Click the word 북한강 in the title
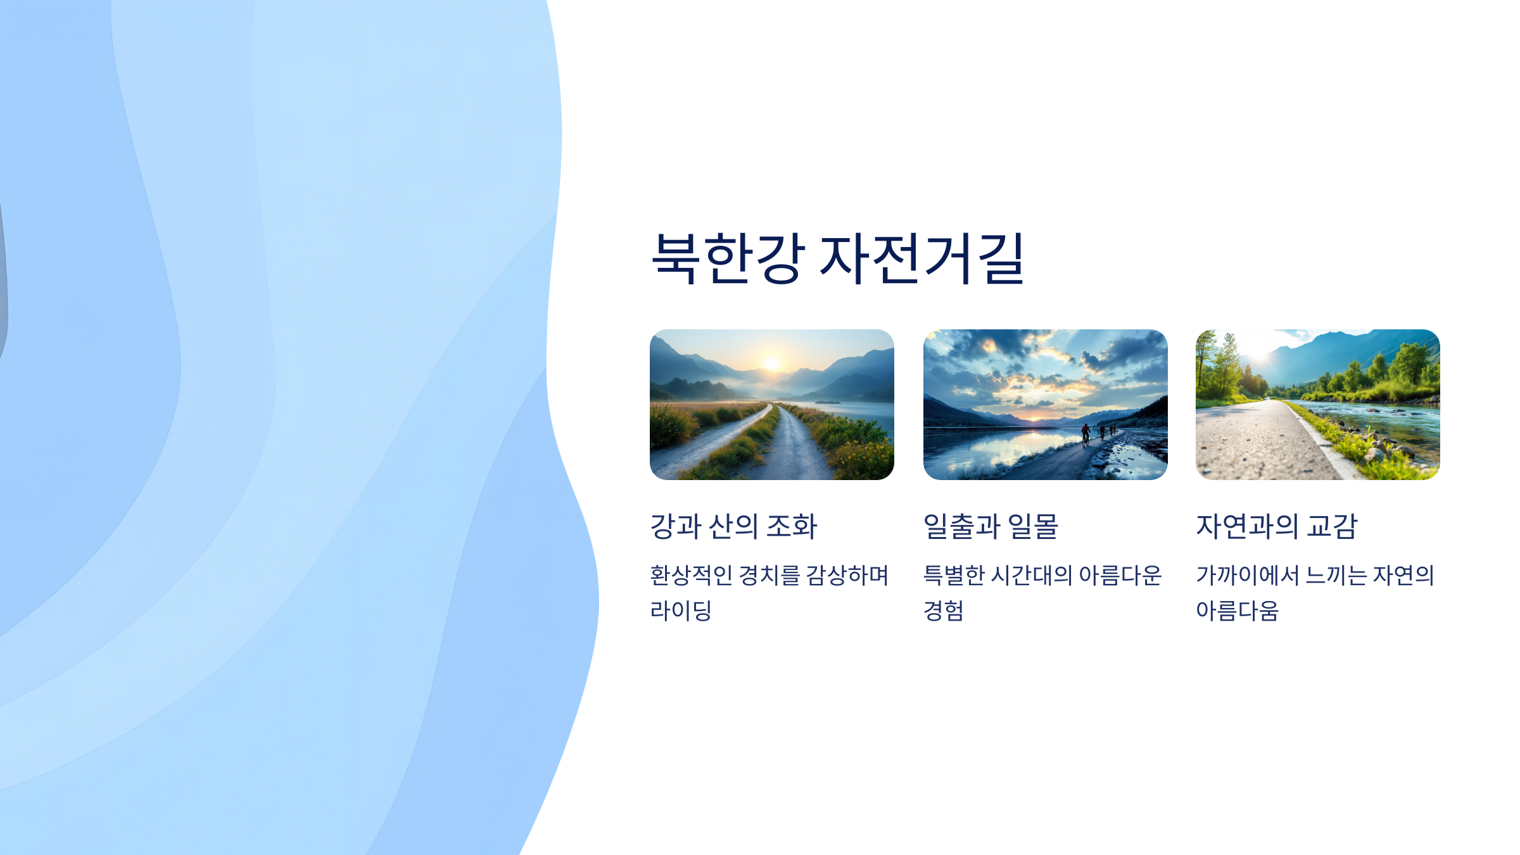pyautogui.click(x=728, y=258)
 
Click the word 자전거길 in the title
pyautogui.click(x=922, y=258)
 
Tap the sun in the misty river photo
pyautogui.click(x=772, y=364)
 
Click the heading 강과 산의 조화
pyautogui.click(x=733, y=526)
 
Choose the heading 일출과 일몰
pyautogui.click(x=991, y=526)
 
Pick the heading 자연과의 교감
pyautogui.click(x=1276, y=526)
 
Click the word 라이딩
pyautogui.click(x=681, y=611)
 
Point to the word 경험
pyautogui.click(x=944, y=611)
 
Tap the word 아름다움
pyautogui.click(x=1237, y=611)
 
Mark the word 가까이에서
pyautogui.click(x=1248, y=575)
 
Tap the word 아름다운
pyautogui.click(x=1120, y=575)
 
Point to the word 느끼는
pyautogui.click(x=1336, y=575)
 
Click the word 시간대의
pyautogui.click(x=1031, y=575)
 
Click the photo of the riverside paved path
pyautogui.click(x=1317, y=405)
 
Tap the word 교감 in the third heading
pyautogui.click(x=1332, y=526)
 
